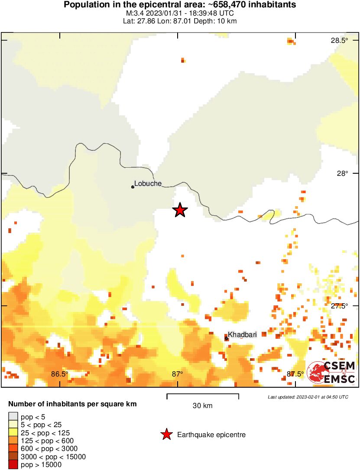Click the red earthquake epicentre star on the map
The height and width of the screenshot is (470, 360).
pos(180,210)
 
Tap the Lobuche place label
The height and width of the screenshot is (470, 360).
pos(148,183)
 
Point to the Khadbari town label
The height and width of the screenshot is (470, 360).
pos(242,334)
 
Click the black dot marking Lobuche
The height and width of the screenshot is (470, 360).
pos(133,187)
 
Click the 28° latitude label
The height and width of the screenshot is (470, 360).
pos(343,173)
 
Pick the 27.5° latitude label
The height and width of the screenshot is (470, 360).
pos(340,306)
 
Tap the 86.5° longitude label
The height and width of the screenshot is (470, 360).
pos(60,374)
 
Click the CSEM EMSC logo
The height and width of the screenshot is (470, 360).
pos(331,372)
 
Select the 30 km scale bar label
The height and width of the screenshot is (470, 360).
pos(203,406)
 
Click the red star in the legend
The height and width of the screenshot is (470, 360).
pos(166,434)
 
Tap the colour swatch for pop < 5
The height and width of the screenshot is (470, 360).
pos(13,417)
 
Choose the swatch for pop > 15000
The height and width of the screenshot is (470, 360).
pos(13,464)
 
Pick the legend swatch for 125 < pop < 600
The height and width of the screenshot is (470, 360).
pos(13,441)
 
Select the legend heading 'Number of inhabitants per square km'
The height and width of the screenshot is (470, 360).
pos(72,404)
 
